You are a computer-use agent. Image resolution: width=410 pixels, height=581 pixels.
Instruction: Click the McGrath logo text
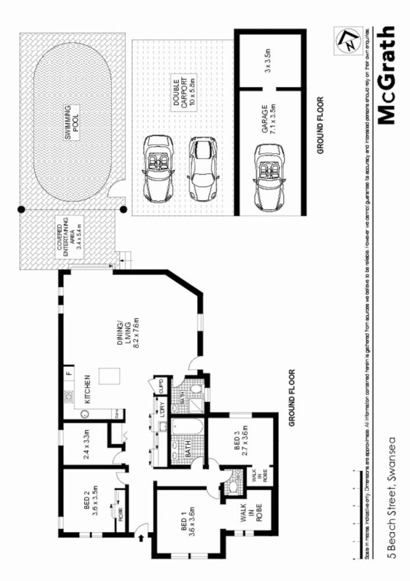point(386,76)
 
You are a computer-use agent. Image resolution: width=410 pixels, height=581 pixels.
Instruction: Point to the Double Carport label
point(181,92)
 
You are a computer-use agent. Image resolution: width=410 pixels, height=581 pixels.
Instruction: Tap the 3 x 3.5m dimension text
point(267,60)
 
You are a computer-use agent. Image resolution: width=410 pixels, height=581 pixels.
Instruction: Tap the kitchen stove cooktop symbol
point(68,397)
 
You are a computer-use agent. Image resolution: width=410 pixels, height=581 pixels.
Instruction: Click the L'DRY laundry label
point(163,410)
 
